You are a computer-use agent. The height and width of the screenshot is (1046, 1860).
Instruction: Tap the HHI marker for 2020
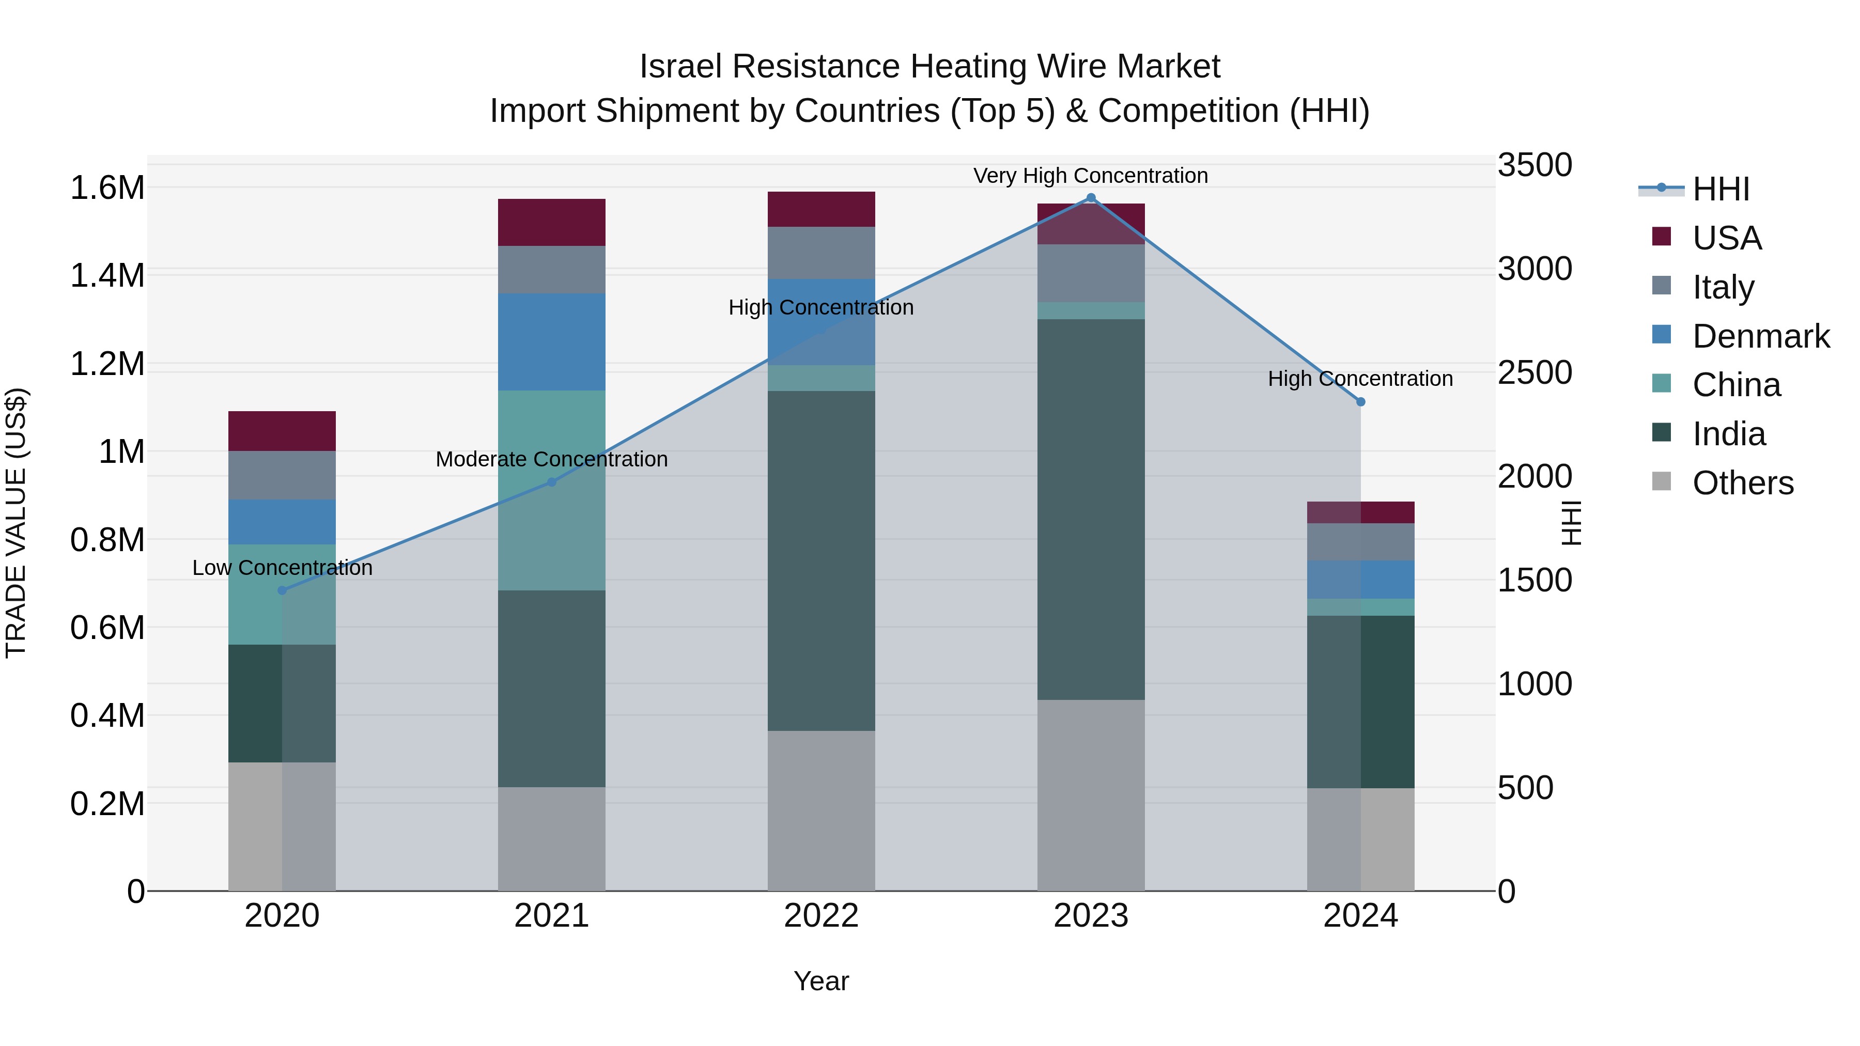pyautogui.click(x=282, y=590)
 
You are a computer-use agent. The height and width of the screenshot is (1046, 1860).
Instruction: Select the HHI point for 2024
pyautogui.click(x=1360, y=401)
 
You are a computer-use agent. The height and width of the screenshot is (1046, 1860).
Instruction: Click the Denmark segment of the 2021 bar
pyautogui.click(x=552, y=341)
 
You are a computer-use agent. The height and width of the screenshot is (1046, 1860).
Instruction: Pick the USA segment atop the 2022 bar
pyautogui.click(x=821, y=209)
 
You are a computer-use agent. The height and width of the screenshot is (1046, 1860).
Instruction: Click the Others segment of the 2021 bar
pyautogui.click(x=552, y=838)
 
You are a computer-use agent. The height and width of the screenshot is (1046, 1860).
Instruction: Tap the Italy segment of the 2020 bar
pyautogui.click(x=282, y=475)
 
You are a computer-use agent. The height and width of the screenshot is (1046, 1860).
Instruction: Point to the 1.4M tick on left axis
pyautogui.click(x=107, y=276)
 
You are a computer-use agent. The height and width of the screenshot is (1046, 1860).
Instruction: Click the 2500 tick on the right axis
pyautogui.click(x=1535, y=372)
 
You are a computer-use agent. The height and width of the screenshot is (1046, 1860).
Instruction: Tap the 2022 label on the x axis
pyautogui.click(x=821, y=915)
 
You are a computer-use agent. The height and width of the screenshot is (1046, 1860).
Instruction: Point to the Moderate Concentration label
pyautogui.click(x=552, y=459)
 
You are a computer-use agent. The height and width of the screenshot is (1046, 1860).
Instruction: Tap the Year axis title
pyautogui.click(x=821, y=981)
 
